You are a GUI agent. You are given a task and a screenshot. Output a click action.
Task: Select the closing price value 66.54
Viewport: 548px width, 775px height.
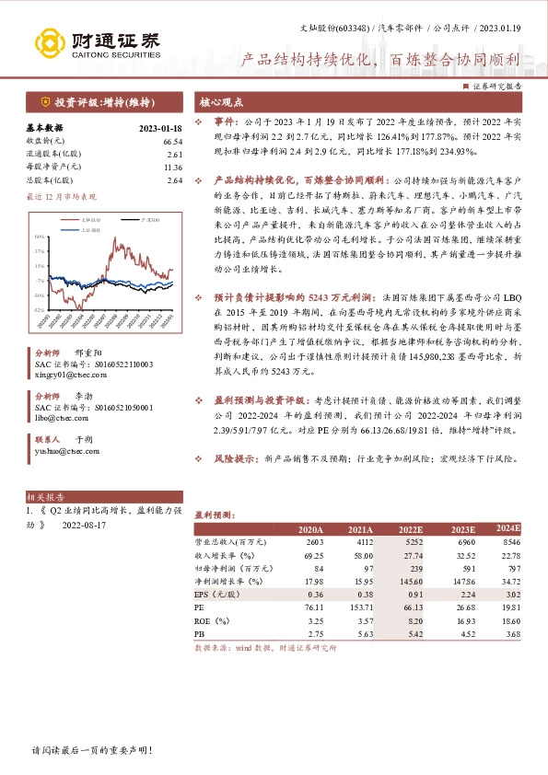click(171, 141)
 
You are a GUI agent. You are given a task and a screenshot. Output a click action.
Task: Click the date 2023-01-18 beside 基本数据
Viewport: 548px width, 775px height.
click(160, 128)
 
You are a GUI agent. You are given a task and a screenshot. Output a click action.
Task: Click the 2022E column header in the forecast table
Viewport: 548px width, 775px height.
click(410, 530)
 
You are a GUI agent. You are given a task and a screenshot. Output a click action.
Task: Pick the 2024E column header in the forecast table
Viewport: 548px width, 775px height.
click(508, 528)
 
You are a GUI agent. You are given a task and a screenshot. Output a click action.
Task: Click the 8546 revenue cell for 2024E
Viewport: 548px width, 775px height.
click(511, 544)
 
